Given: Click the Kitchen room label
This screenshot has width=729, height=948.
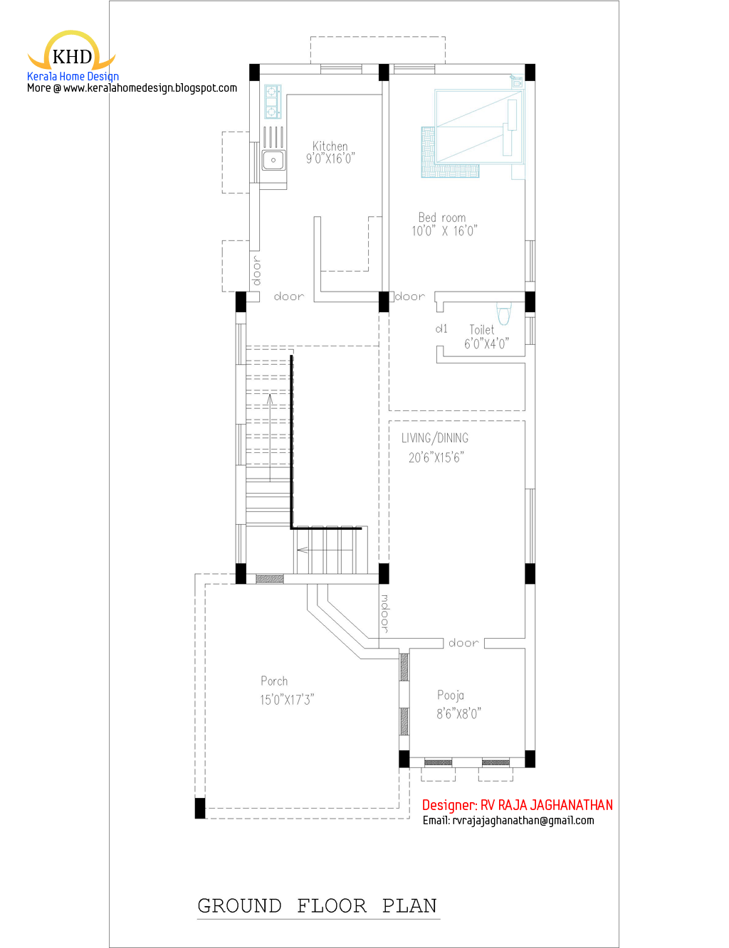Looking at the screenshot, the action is [330, 147].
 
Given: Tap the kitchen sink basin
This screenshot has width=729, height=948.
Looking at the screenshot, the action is [273, 160].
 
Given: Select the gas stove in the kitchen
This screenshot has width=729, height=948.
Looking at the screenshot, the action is [273, 102].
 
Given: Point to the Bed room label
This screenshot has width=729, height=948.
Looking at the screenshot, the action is [442, 217].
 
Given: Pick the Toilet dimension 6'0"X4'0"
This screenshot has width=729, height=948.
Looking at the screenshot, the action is [486, 343].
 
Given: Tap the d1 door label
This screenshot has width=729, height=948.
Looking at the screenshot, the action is [441, 329].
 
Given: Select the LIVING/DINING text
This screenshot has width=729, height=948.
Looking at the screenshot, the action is [435, 438].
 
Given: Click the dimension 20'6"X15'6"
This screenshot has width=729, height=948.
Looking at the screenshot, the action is [436, 457].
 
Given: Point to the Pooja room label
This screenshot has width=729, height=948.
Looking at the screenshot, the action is [451, 695].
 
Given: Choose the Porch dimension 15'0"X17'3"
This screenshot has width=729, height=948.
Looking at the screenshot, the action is [287, 700].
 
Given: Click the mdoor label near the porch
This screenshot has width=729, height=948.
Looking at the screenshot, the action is [384, 613].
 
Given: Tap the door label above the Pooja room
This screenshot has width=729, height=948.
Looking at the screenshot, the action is [463, 643].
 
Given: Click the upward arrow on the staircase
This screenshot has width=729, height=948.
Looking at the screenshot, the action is [270, 437].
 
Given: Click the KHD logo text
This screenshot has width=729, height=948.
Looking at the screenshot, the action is [72, 57].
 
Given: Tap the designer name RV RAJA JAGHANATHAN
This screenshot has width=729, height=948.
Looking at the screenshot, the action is [547, 805].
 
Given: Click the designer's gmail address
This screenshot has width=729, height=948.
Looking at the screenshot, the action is [523, 821].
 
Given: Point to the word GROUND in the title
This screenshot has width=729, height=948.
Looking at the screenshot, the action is [240, 906].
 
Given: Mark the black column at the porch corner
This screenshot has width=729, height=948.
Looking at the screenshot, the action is [200, 808].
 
